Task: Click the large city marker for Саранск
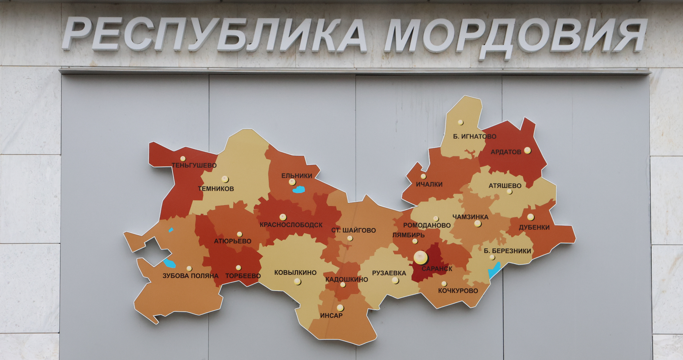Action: (x=421, y=257)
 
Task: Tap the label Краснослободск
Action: (x=291, y=225)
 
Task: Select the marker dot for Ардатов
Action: (x=527, y=150)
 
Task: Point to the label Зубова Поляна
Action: (x=190, y=276)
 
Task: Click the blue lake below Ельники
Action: (x=298, y=190)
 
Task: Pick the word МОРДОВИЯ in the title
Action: (x=515, y=36)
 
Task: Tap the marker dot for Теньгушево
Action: (x=183, y=159)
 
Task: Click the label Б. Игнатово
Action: (x=475, y=136)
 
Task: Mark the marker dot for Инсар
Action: (x=340, y=307)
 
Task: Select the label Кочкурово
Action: (x=458, y=291)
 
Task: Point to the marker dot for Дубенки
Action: (x=531, y=217)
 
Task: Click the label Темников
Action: (x=216, y=189)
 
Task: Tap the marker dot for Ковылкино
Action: (x=297, y=282)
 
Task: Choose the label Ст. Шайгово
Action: (x=354, y=230)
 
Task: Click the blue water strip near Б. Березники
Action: (x=494, y=270)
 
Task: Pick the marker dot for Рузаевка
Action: (x=395, y=280)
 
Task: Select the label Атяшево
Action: (x=505, y=186)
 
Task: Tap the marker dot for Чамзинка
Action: (x=478, y=224)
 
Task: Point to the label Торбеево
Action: (x=243, y=276)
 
